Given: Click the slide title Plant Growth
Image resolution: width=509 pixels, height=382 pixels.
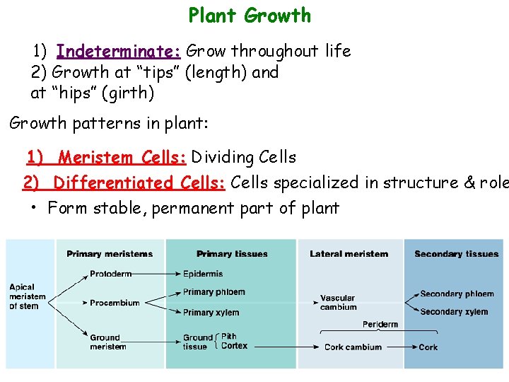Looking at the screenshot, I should [250, 16].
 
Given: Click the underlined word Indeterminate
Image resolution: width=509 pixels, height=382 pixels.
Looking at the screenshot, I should [119, 51].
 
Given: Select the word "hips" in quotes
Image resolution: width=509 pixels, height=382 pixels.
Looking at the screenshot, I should [76, 92].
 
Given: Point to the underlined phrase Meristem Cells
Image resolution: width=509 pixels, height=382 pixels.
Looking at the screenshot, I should [123, 157].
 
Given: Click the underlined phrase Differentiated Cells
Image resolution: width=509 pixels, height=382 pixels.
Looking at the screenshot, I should [139, 183].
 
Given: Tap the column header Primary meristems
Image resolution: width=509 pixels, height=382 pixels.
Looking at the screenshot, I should [110, 254].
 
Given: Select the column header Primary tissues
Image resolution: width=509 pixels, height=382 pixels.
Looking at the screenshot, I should [232, 254].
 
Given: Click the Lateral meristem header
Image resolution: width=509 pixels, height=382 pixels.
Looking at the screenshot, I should [349, 254].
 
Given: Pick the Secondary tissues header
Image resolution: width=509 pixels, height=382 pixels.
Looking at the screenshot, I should [456, 254].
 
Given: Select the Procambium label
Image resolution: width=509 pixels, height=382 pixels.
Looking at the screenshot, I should [115, 303].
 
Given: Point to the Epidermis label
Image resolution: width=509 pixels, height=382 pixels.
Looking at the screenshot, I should [203, 274].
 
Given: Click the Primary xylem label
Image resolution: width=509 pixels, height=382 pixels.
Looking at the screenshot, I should [211, 313].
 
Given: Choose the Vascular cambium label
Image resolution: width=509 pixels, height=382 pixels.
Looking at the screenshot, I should [338, 303].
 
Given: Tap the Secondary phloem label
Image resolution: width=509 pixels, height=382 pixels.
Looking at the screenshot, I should [457, 294].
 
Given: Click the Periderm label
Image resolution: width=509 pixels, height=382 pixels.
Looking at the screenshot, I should [380, 324].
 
